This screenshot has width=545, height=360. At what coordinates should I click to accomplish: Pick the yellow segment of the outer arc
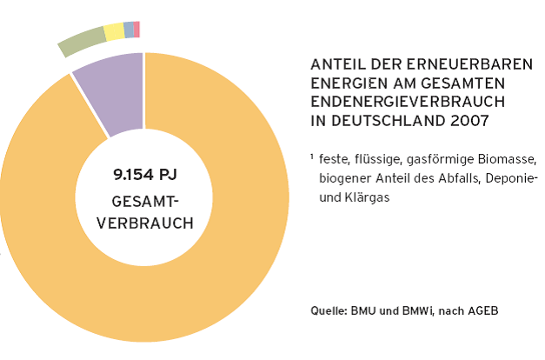click(114, 32)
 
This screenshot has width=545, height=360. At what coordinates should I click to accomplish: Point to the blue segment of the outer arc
click(129, 30)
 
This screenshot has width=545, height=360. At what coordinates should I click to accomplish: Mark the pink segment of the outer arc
click(136, 29)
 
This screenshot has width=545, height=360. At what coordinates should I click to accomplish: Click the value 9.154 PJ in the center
click(145, 175)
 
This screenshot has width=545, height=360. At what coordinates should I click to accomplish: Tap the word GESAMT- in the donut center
click(145, 201)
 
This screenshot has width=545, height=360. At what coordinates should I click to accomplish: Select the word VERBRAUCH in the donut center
click(145, 223)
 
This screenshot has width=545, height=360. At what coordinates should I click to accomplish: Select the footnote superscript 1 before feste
click(311, 157)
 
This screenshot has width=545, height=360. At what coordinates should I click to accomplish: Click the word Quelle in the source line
click(328, 310)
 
